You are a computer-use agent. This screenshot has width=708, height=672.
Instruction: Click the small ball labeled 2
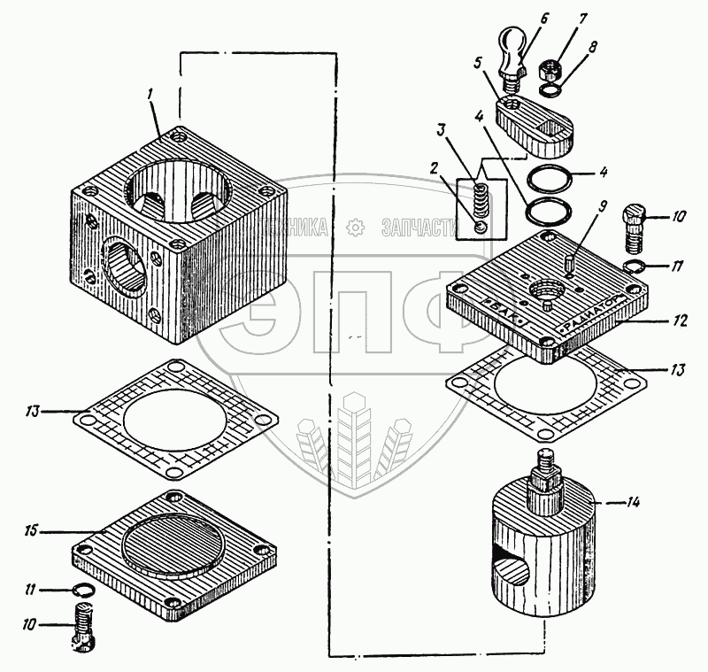(479, 228)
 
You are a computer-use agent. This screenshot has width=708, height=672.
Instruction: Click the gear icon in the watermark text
(355, 228)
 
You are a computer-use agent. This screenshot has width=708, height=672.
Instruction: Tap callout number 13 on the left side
(32, 410)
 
